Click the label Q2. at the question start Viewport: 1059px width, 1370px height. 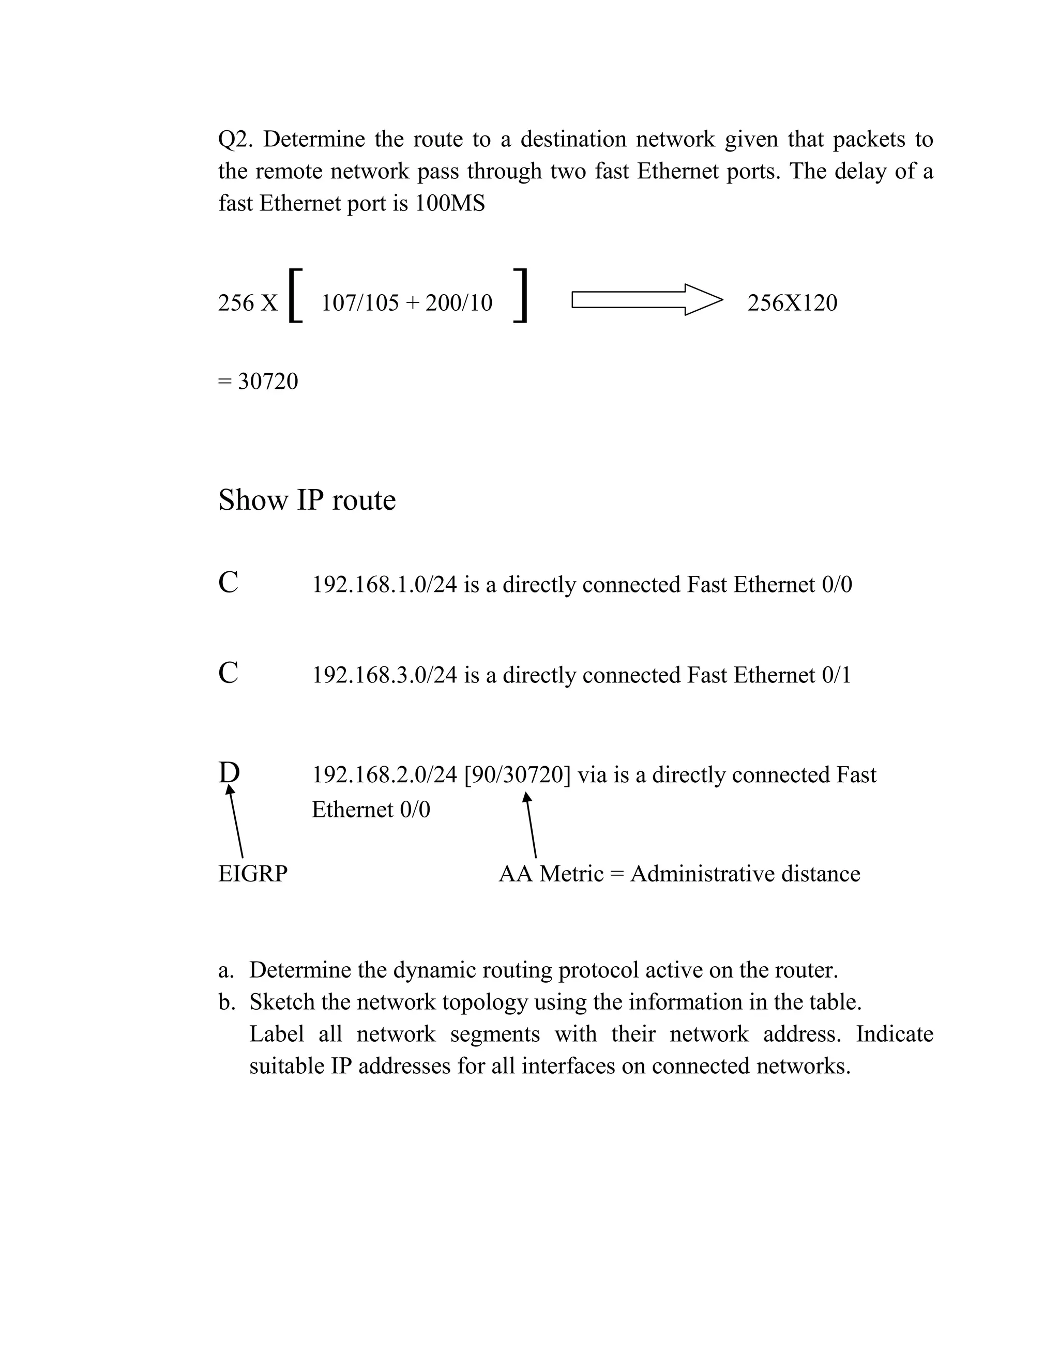click(235, 139)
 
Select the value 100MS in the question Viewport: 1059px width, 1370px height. click(450, 203)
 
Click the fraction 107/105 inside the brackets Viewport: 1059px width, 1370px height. click(360, 303)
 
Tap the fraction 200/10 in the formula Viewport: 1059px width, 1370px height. click(459, 303)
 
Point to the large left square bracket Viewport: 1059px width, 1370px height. click(295, 295)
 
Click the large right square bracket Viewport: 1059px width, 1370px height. click(520, 295)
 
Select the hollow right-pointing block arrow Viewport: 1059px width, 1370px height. click(646, 299)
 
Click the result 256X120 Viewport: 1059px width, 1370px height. click(792, 303)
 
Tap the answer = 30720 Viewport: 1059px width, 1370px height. click(258, 382)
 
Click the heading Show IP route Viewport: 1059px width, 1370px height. click(307, 500)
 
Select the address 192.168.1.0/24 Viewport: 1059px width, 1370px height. click(384, 585)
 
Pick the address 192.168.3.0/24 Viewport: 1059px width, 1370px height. click(384, 675)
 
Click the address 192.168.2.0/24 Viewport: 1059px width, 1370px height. click(384, 775)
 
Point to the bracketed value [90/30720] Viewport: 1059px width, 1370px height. click(518, 775)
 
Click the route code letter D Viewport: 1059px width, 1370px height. click(229, 773)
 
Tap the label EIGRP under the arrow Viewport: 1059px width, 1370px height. click(253, 874)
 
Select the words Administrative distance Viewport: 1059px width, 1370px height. click(745, 874)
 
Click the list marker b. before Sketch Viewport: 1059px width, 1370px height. click(226, 1002)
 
